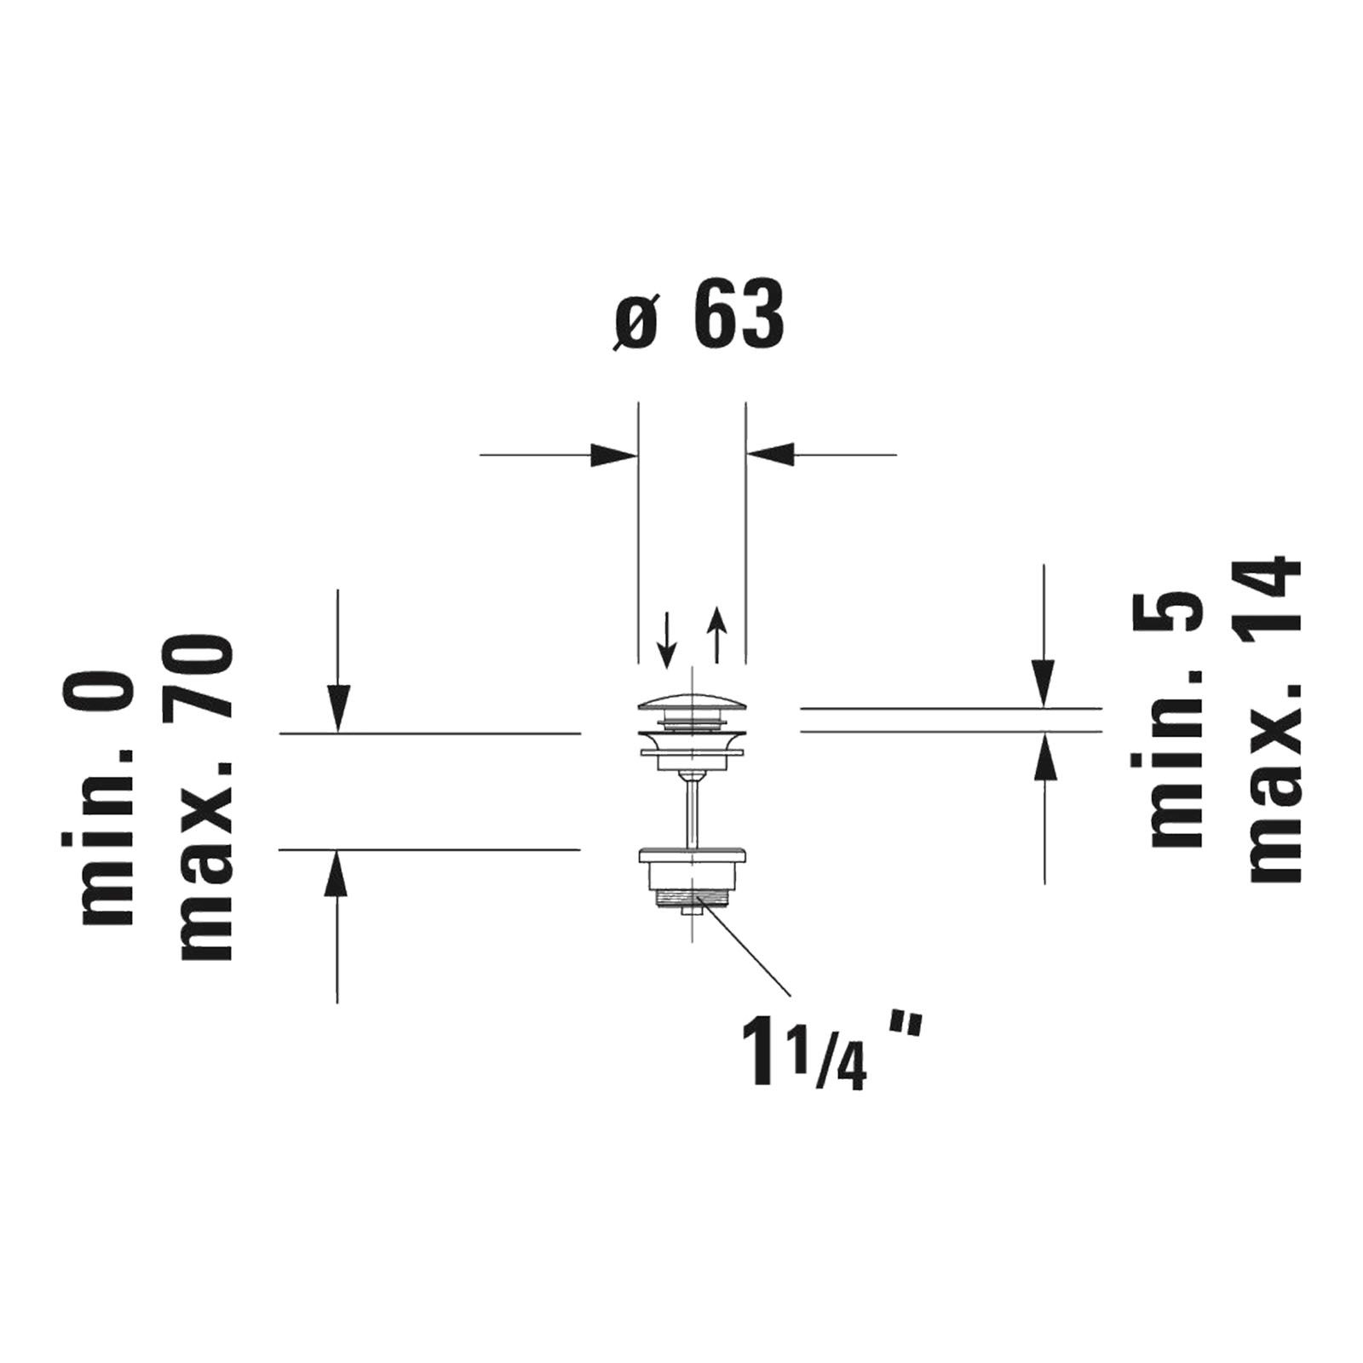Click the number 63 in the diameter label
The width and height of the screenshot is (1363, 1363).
739,317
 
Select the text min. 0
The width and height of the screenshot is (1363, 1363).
107,800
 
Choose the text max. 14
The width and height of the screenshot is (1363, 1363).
1274,718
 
